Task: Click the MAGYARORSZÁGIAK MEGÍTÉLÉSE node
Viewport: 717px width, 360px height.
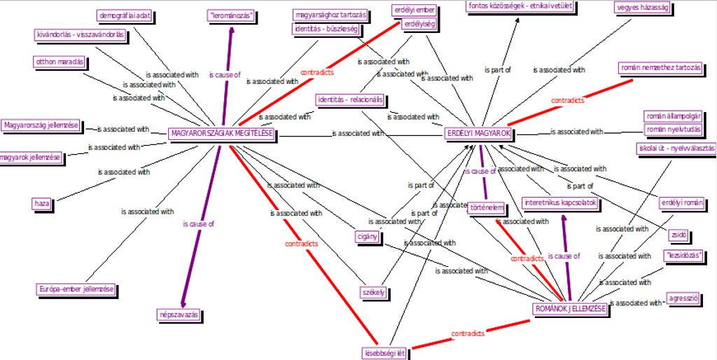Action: [221, 134]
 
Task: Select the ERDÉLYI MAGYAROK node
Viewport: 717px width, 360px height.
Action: [479, 133]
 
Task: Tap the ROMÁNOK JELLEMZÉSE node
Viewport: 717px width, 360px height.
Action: [569, 309]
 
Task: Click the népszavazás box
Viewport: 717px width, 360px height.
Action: [180, 315]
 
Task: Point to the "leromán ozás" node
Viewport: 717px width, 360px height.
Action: [230, 15]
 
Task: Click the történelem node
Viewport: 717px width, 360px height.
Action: [487, 207]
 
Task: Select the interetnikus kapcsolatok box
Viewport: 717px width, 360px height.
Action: [560, 203]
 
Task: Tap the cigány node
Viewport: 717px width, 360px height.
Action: [368, 236]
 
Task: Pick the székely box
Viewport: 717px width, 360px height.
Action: [373, 291]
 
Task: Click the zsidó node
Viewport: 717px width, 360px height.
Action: [678, 235]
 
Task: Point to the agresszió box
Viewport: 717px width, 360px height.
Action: [684, 298]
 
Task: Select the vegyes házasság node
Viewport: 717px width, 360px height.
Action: [643, 8]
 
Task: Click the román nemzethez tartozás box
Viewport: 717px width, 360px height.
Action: [660, 68]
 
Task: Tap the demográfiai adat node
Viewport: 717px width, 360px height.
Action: [125, 15]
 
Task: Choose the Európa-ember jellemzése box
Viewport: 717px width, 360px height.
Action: [76, 289]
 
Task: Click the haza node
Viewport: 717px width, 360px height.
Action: [42, 204]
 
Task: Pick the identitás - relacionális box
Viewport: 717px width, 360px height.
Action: [349, 99]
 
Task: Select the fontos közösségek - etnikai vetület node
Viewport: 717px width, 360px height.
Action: [520, 7]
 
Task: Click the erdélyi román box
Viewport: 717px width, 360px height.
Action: [682, 203]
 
